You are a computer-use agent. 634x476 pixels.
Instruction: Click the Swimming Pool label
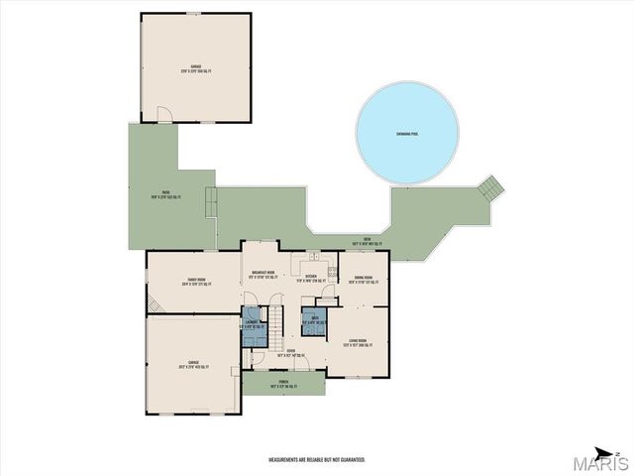pos(407,134)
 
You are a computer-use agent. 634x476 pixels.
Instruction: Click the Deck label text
pos(366,241)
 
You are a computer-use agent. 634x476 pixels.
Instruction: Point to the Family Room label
pos(194,283)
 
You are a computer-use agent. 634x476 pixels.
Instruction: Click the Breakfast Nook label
pos(263,275)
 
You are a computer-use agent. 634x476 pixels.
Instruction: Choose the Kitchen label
pos(310,278)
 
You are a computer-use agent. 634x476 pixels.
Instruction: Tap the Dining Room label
pos(362,280)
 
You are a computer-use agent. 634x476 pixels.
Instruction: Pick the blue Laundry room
pos(254,326)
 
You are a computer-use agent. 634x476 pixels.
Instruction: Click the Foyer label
pos(291,352)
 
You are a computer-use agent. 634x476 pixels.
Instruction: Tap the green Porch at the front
pos(283,382)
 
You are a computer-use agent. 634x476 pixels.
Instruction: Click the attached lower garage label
pos(194,364)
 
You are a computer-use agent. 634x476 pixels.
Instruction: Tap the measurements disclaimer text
pos(317,460)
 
